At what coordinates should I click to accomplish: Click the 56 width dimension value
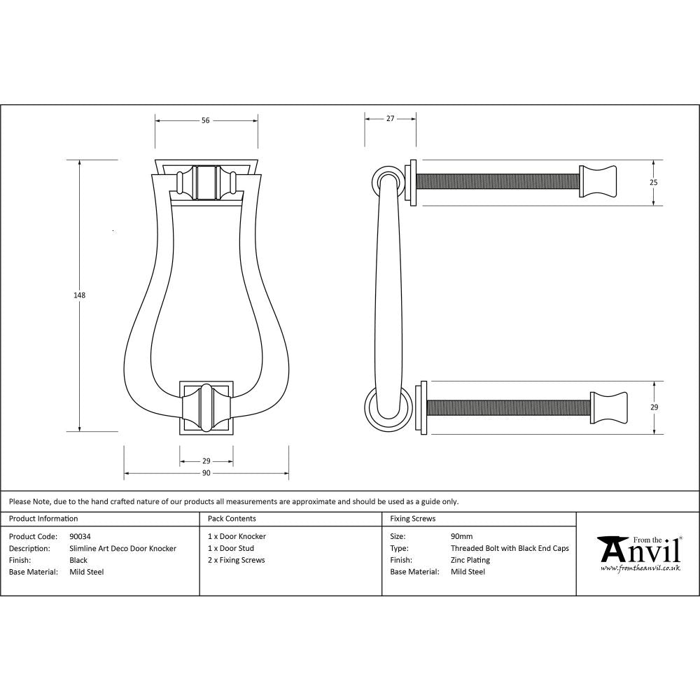click(206, 120)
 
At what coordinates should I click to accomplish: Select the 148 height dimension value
click(80, 295)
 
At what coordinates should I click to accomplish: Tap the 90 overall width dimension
click(206, 474)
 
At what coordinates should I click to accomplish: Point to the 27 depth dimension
click(391, 119)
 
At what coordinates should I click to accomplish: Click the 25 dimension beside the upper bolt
click(654, 182)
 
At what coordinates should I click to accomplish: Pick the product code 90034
click(80, 536)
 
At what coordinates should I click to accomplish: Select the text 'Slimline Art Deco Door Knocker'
click(123, 548)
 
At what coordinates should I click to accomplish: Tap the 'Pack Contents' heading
click(232, 519)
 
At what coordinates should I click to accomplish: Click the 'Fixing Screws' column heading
click(413, 519)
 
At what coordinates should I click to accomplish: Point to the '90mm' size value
click(462, 536)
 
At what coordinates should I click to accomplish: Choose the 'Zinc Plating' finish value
click(470, 560)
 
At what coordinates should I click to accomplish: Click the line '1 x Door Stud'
click(231, 548)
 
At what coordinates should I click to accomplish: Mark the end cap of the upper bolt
click(598, 181)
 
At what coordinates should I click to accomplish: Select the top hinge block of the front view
click(206, 182)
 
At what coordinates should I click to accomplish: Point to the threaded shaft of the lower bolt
click(508, 407)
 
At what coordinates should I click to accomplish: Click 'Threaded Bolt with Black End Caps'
click(510, 548)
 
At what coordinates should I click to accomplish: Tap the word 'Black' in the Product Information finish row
click(78, 560)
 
